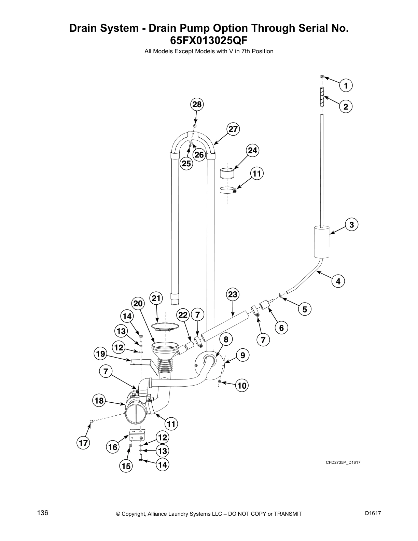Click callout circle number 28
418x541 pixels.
point(197,105)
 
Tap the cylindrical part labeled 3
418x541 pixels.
point(322,241)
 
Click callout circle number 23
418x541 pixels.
point(233,294)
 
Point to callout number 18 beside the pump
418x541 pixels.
point(99,400)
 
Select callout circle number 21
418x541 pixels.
point(156,298)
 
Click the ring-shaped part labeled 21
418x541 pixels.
point(165,327)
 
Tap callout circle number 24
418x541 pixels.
point(253,150)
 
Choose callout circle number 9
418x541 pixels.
point(242,356)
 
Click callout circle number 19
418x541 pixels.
point(100,354)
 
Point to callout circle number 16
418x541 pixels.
point(113,447)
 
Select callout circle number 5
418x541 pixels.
point(305,309)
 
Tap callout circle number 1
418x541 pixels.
point(346,85)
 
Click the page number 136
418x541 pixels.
point(43,513)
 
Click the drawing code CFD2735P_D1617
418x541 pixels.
point(343,462)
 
